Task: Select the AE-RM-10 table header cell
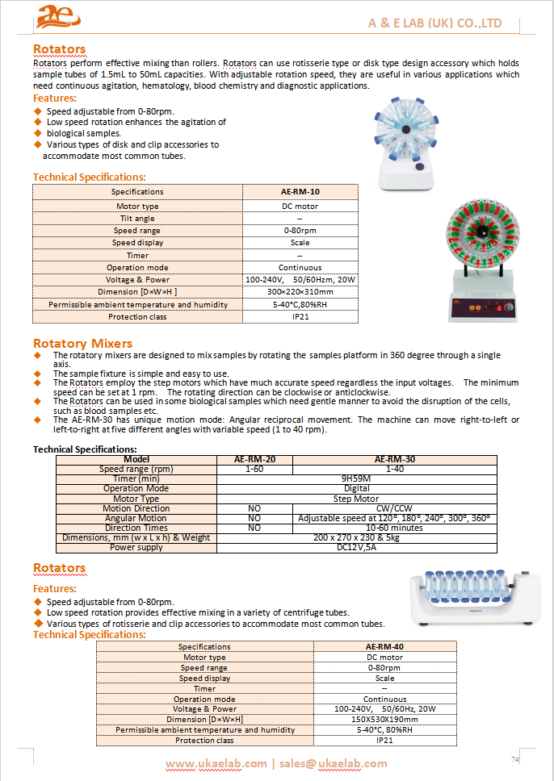coord(300,192)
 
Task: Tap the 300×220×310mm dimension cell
coord(300,292)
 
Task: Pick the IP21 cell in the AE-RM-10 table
coord(300,317)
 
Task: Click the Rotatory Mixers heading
coord(82,344)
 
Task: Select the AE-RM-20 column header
coord(254,459)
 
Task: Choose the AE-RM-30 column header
coord(395,459)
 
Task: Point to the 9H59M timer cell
coord(356,478)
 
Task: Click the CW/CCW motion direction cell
coord(395,508)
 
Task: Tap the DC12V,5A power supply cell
coord(356,547)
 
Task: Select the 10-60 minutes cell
coord(395,528)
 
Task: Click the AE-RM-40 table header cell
coord(384,646)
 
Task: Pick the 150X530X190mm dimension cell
coord(384,719)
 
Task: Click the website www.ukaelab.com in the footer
coord(216,763)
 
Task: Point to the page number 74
coord(514,759)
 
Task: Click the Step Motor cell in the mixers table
coord(356,499)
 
